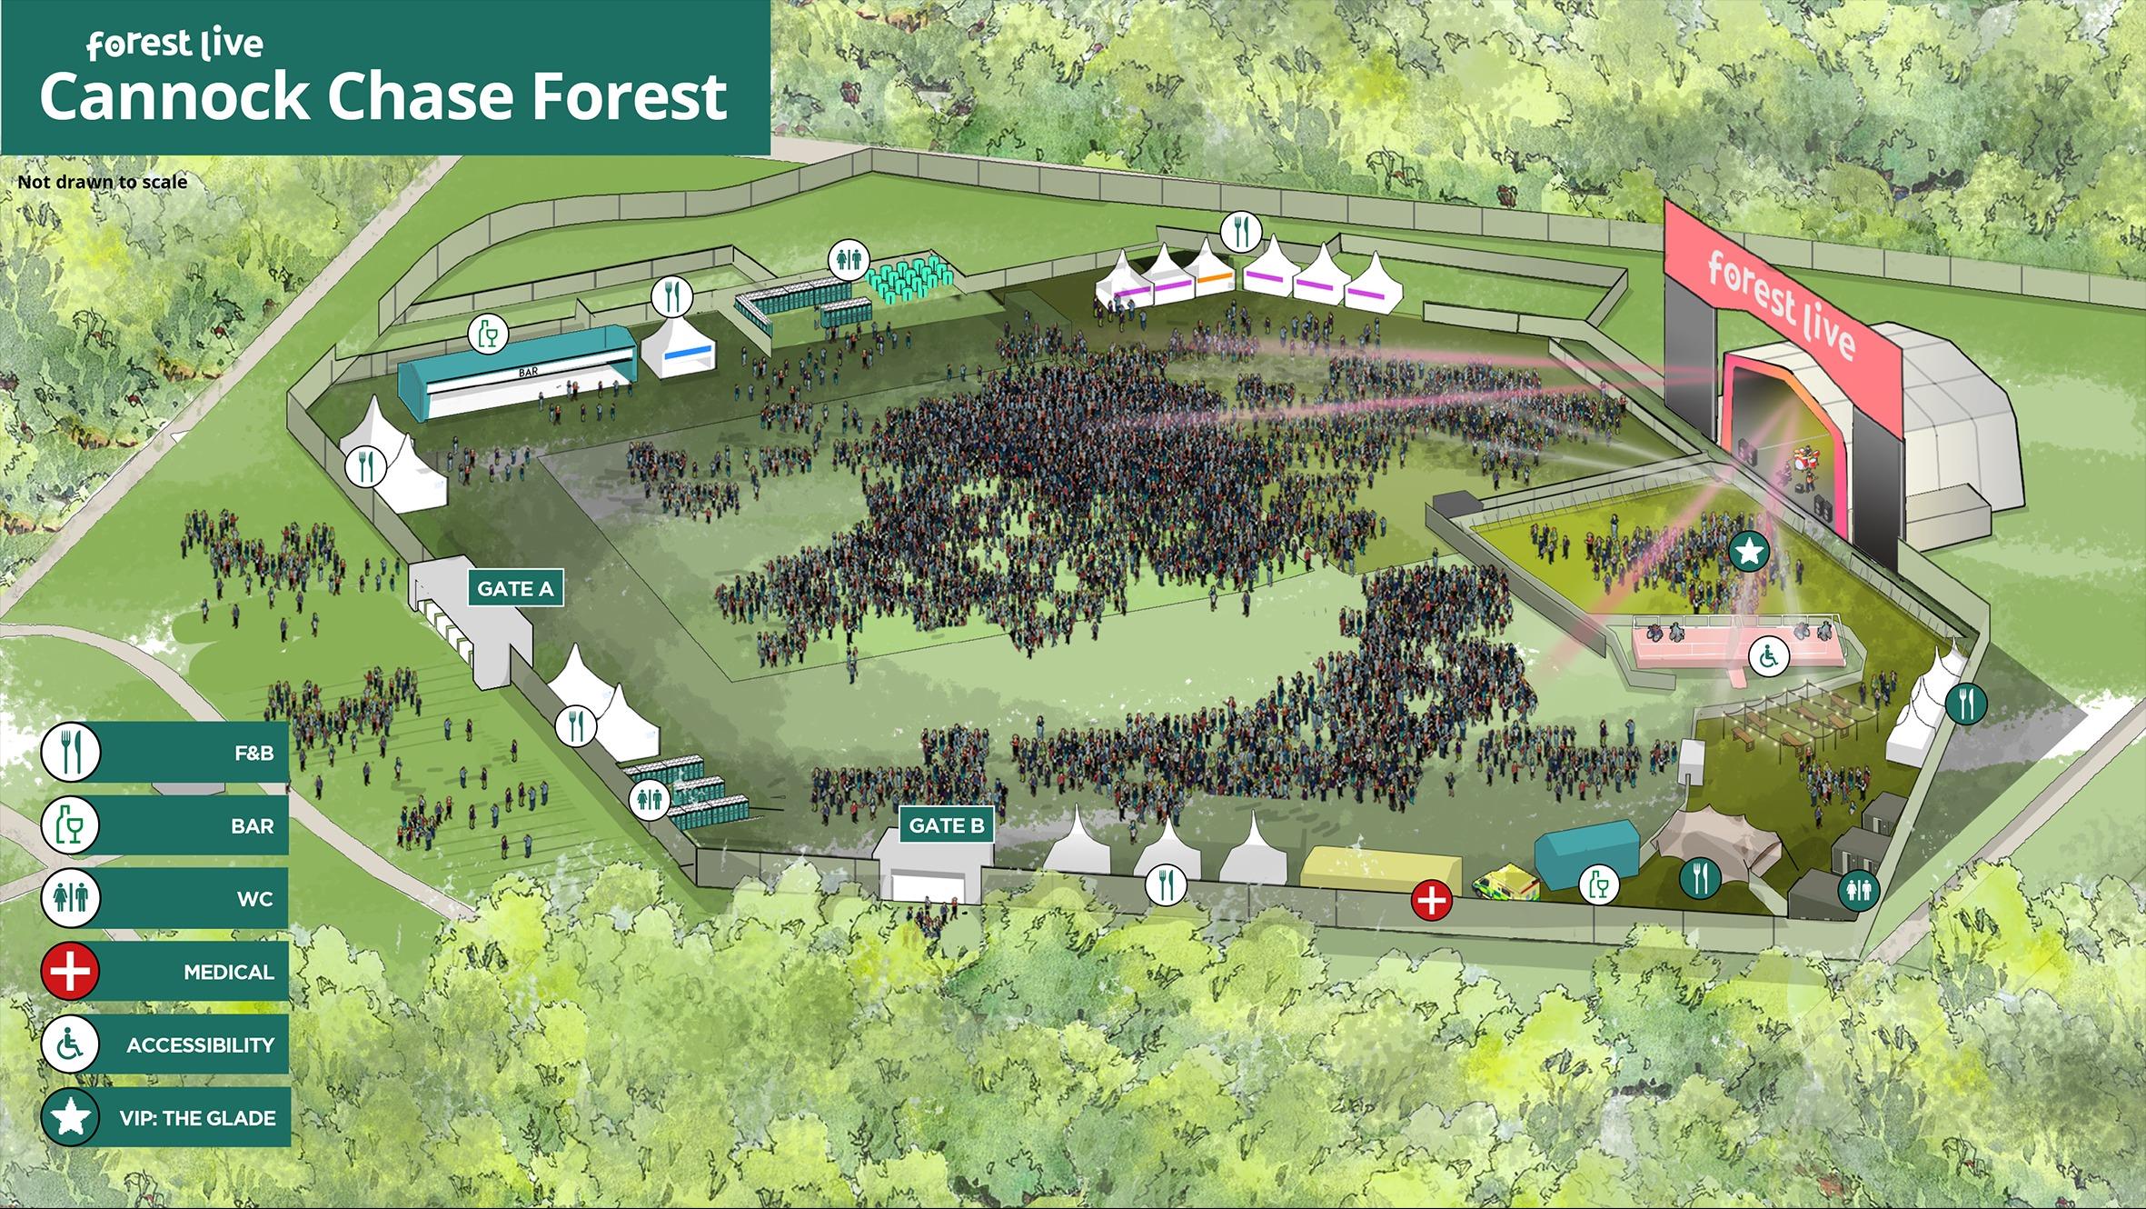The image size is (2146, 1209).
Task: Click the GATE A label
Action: pyautogui.click(x=515, y=589)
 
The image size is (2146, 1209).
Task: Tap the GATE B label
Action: pyautogui.click(x=946, y=825)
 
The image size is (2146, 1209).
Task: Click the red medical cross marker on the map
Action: pyautogui.click(x=1431, y=901)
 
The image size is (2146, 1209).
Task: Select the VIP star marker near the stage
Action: pyautogui.click(x=1748, y=551)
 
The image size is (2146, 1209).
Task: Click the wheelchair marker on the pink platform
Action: pyautogui.click(x=1769, y=655)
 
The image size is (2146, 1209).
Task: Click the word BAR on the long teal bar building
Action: pyautogui.click(x=528, y=372)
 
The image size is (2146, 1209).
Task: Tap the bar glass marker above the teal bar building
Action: pyautogui.click(x=488, y=335)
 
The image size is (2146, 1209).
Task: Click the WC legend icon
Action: pyautogui.click(x=70, y=898)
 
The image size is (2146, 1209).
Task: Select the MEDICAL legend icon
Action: pyautogui.click(x=70, y=971)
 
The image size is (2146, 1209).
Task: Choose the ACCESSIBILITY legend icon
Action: pyautogui.click(x=70, y=1044)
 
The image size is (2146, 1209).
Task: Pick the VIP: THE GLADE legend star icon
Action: pyautogui.click(x=70, y=1117)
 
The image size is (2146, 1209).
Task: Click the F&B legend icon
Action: pyautogui.click(x=70, y=752)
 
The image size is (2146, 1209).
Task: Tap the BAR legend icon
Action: pyautogui.click(x=70, y=825)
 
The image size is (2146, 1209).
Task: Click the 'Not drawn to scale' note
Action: pyautogui.click(x=103, y=182)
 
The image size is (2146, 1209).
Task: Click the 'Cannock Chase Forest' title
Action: pyautogui.click(x=383, y=97)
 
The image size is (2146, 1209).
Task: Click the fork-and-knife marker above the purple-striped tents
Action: pyautogui.click(x=1240, y=232)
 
